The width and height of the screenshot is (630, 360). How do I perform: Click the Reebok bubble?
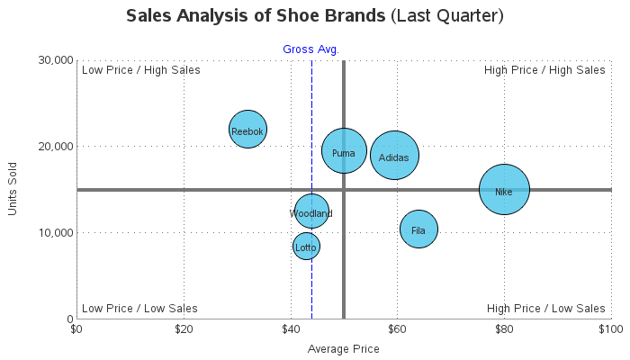click(247, 130)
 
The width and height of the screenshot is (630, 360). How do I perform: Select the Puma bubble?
click(344, 152)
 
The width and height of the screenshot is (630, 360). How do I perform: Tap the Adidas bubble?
click(394, 156)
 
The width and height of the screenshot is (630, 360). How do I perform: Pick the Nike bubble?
click(504, 190)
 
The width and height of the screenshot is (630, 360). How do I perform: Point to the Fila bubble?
click(418, 229)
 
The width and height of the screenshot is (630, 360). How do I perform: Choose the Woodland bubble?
click(311, 212)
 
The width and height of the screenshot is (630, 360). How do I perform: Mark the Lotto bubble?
click(306, 247)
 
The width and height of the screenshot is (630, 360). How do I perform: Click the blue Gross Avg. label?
click(310, 49)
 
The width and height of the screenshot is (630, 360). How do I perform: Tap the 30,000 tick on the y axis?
click(55, 59)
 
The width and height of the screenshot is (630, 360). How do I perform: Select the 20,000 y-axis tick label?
click(55, 146)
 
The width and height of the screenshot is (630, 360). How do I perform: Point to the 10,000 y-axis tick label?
click(55, 232)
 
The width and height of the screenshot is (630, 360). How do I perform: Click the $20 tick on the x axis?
click(184, 328)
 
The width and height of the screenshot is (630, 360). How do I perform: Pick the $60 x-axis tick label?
click(397, 328)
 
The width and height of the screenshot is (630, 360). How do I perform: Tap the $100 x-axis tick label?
click(611, 328)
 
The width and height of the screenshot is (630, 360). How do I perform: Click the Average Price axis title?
click(344, 348)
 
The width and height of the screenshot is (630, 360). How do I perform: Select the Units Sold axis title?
click(13, 188)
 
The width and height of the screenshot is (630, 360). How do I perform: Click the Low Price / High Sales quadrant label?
click(140, 70)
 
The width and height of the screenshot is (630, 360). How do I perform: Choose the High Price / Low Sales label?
click(545, 308)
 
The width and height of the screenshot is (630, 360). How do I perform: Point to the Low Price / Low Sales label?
click(139, 308)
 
